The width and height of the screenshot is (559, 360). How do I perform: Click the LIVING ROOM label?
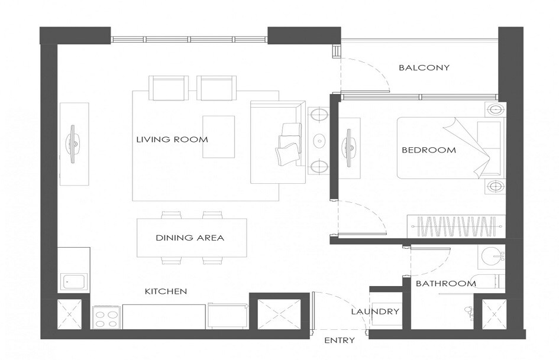pos(172,140)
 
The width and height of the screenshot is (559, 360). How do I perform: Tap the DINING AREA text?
pos(190,238)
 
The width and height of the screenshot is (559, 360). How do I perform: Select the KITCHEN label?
pos(166,291)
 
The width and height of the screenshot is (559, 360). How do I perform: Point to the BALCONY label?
pos(424,68)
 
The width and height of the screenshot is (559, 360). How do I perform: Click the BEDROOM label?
pos(429,150)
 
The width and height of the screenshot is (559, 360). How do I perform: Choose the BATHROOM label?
pos(445,284)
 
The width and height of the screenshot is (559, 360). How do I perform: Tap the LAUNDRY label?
pos(375,312)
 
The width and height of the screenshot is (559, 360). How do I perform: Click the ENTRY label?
pos(340,340)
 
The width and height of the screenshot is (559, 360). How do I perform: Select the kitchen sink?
pos(74,282)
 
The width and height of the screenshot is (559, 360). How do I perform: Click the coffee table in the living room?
pos(218,137)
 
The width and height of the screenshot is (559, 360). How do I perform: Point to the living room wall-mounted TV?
pos(74,144)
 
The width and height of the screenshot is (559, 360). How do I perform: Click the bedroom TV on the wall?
pos(348,146)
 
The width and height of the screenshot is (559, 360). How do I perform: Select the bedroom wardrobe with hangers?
pos(455,227)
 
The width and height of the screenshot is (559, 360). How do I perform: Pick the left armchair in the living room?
pos(169,89)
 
